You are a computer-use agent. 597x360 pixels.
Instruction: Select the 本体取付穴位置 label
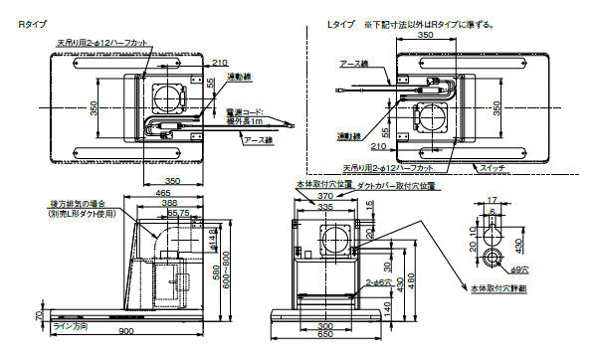(x=317, y=185)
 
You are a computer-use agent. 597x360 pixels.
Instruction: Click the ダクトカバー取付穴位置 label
(x=396, y=185)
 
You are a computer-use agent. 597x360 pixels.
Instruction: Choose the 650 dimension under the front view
(x=325, y=333)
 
